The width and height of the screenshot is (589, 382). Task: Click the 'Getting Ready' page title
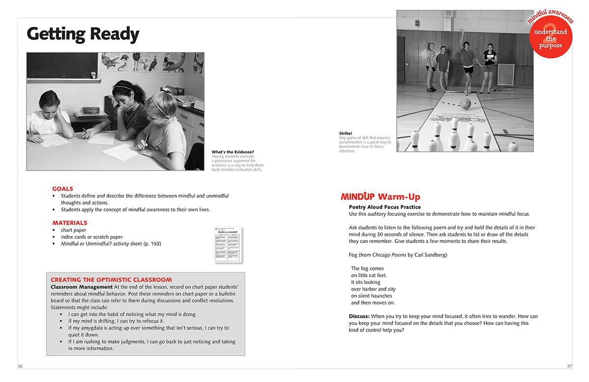point(83,34)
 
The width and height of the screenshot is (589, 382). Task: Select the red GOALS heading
point(62,189)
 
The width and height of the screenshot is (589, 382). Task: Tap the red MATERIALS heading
point(69,223)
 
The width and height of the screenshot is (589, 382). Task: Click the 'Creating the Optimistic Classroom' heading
point(111,280)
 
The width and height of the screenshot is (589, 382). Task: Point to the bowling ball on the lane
point(466,103)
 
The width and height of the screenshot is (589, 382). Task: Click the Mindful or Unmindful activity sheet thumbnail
point(228,245)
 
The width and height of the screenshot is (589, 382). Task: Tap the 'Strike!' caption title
point(346,133)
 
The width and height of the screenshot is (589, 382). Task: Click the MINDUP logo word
point(357,197)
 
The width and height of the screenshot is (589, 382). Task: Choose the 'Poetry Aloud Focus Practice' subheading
point(384,207)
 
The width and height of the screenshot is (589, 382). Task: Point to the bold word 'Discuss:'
point(359,316)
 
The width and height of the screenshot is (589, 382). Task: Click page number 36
point(20,366)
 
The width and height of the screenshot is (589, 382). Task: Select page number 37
point(569,366)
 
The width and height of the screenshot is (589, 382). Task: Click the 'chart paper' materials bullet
point(74,230)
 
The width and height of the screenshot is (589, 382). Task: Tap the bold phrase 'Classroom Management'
point(81,287)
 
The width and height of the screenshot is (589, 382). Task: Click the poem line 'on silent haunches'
point(371,296)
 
